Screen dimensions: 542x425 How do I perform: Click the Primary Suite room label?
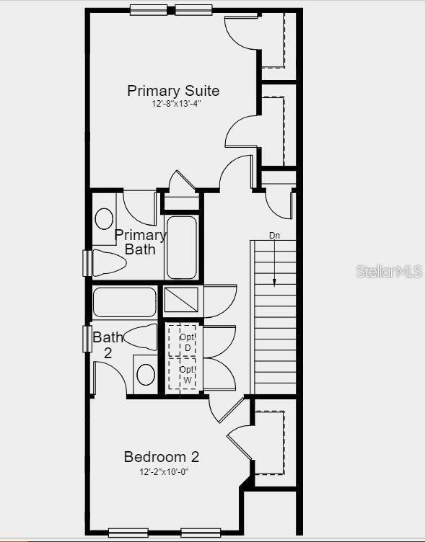(173, 91)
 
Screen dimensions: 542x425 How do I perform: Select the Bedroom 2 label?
(162, 457)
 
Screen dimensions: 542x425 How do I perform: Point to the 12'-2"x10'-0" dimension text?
(165, 472)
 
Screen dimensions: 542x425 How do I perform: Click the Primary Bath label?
(141, 242)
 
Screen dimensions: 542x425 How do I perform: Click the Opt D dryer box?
(187, 342)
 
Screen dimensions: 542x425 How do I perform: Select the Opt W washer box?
(187, 373)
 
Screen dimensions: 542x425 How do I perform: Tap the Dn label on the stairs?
(274, 235)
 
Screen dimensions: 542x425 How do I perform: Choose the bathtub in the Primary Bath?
(181, 247)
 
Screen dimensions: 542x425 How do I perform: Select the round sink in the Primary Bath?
(105, 218)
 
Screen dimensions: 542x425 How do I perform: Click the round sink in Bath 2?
(146, 374)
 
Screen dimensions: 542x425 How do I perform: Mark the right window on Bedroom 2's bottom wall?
(201, 533)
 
